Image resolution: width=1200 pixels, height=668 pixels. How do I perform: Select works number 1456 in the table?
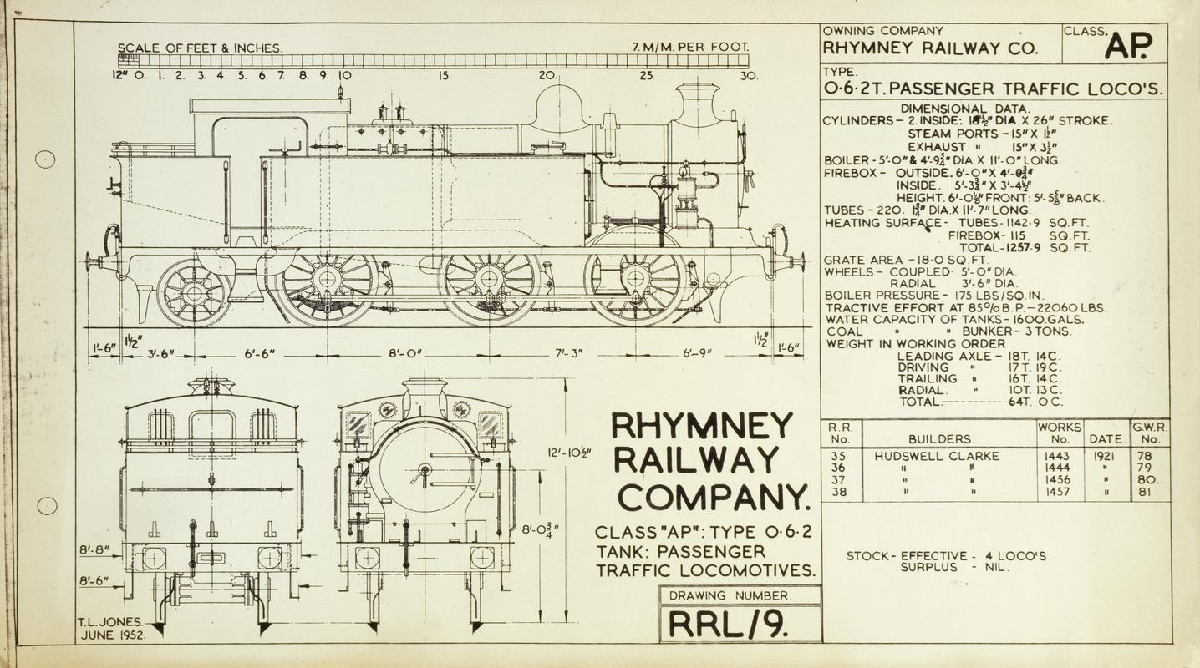point(1059,480)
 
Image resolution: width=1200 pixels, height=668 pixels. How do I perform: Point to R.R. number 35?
point(839,457)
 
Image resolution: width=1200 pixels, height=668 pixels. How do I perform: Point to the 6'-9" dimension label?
point(697,352)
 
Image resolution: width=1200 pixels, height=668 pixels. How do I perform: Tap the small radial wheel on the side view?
point(194,292)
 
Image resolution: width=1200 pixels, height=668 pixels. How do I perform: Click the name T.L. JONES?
point(109,622)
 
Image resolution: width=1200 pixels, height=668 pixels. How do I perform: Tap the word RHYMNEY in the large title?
point(702,427)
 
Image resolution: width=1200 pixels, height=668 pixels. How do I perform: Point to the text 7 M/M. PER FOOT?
point(691,47)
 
